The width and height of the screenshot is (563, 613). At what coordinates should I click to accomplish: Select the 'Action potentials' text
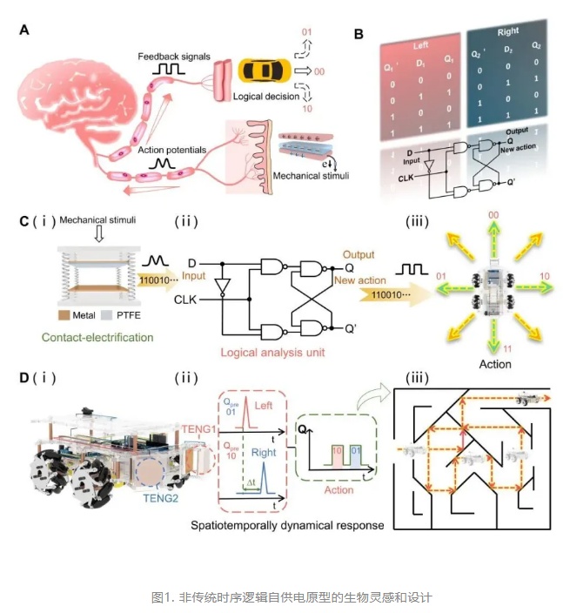point(168,150)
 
